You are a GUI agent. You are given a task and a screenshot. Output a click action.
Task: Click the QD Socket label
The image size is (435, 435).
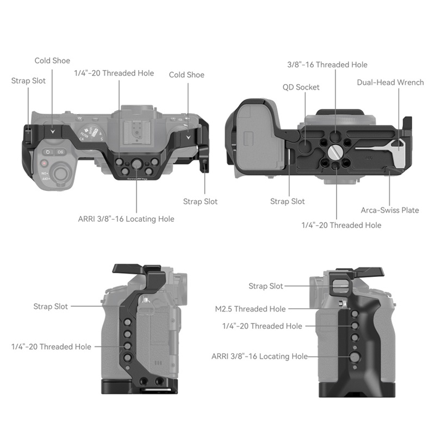(x=301, y=88)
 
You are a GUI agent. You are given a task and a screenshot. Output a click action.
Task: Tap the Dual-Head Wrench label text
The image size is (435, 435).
(x=390, y=83)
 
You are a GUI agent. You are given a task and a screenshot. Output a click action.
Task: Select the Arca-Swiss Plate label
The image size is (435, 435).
(x=390, y=210)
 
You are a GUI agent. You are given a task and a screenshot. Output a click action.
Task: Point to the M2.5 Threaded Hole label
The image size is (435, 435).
(x=250, y=309)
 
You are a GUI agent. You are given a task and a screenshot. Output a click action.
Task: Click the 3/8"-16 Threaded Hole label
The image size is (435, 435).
(x=327, y=65)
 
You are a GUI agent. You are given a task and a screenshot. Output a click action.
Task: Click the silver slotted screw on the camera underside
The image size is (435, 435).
(x=334, y=152)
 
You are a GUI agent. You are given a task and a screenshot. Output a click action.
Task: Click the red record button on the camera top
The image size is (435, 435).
(x=44, y=164)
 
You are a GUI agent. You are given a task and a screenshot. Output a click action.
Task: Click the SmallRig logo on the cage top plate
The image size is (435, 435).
(x=136, y=179)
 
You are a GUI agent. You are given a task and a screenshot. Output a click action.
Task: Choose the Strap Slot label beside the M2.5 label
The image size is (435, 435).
(x=265, y=287)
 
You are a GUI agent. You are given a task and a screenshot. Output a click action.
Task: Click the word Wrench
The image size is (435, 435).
(x=411, y=83)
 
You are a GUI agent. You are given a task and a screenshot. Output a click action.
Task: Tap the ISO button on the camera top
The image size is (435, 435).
(x=60, y=152)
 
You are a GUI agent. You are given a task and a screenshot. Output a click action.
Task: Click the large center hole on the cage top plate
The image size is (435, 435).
(x=136, y=163)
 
